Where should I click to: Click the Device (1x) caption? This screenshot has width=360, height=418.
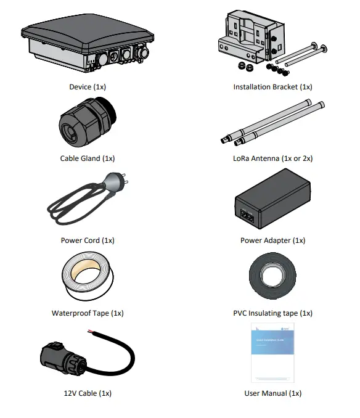click(x=88, y=87)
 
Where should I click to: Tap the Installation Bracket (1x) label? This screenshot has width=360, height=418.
click(x=272, y=87)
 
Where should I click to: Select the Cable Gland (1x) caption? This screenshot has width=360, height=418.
click(x=88, y=158)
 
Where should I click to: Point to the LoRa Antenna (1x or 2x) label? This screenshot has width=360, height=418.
click(x=272, y=158)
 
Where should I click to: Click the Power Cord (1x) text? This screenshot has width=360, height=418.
click(x=88, y=240)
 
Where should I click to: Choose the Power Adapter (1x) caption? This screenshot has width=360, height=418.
click(x=272, y=240)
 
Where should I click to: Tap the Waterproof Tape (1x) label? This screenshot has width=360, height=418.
click(x=88, y=313)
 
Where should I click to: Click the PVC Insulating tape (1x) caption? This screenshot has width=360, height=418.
click(x=272, y=313)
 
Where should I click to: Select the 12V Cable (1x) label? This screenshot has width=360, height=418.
click(x=88, y=393)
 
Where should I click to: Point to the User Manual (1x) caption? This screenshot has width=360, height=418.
click(x=272, y=393)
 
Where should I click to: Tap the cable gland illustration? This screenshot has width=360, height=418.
click(x=83, y=123)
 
